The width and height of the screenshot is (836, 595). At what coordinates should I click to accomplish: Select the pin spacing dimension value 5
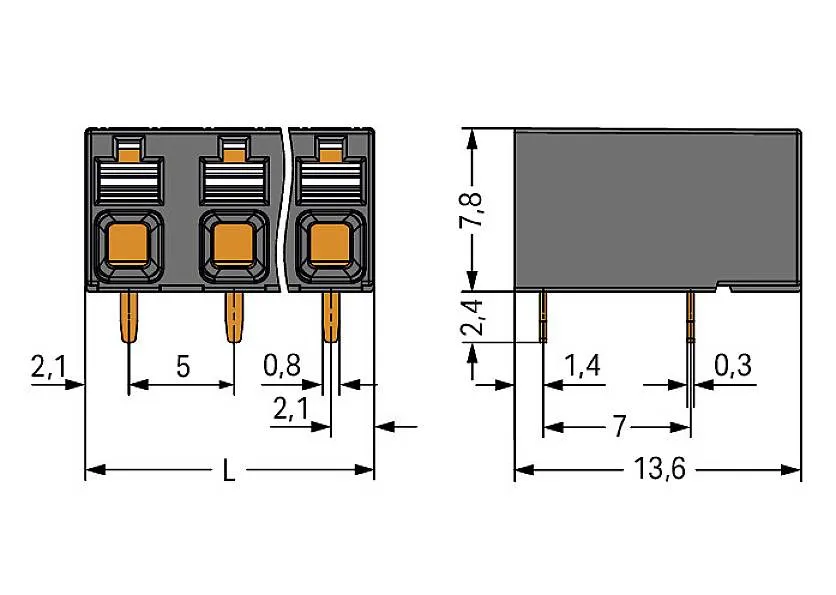(182, 367)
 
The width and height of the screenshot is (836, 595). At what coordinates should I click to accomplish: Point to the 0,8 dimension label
(281, 367)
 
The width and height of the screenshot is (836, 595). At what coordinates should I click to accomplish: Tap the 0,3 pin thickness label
(733, 367)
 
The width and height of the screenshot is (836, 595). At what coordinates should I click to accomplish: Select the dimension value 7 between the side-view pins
(619, 428)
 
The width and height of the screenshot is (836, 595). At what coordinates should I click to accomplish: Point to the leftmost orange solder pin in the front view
(129, 315)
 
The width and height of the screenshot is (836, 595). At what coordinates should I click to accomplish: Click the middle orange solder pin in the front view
(233, 315)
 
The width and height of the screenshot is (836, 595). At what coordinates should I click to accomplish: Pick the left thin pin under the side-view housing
(544, 315)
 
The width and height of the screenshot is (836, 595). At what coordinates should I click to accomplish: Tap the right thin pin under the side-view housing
(690, 315)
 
